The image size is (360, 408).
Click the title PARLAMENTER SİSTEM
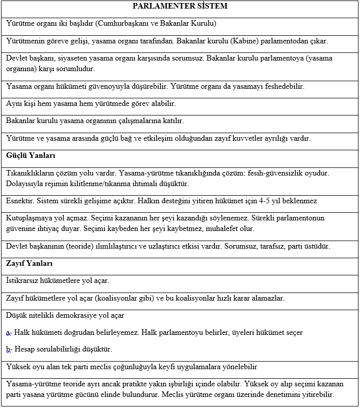[x=180, y=7]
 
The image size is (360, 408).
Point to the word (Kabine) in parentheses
[x=251, y=41]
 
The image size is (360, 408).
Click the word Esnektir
[x=20, y=201]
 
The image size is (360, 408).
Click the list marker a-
[x=9, y=332]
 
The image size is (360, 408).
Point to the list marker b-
[x=9, y=349]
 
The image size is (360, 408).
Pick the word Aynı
[x=15, y=104]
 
